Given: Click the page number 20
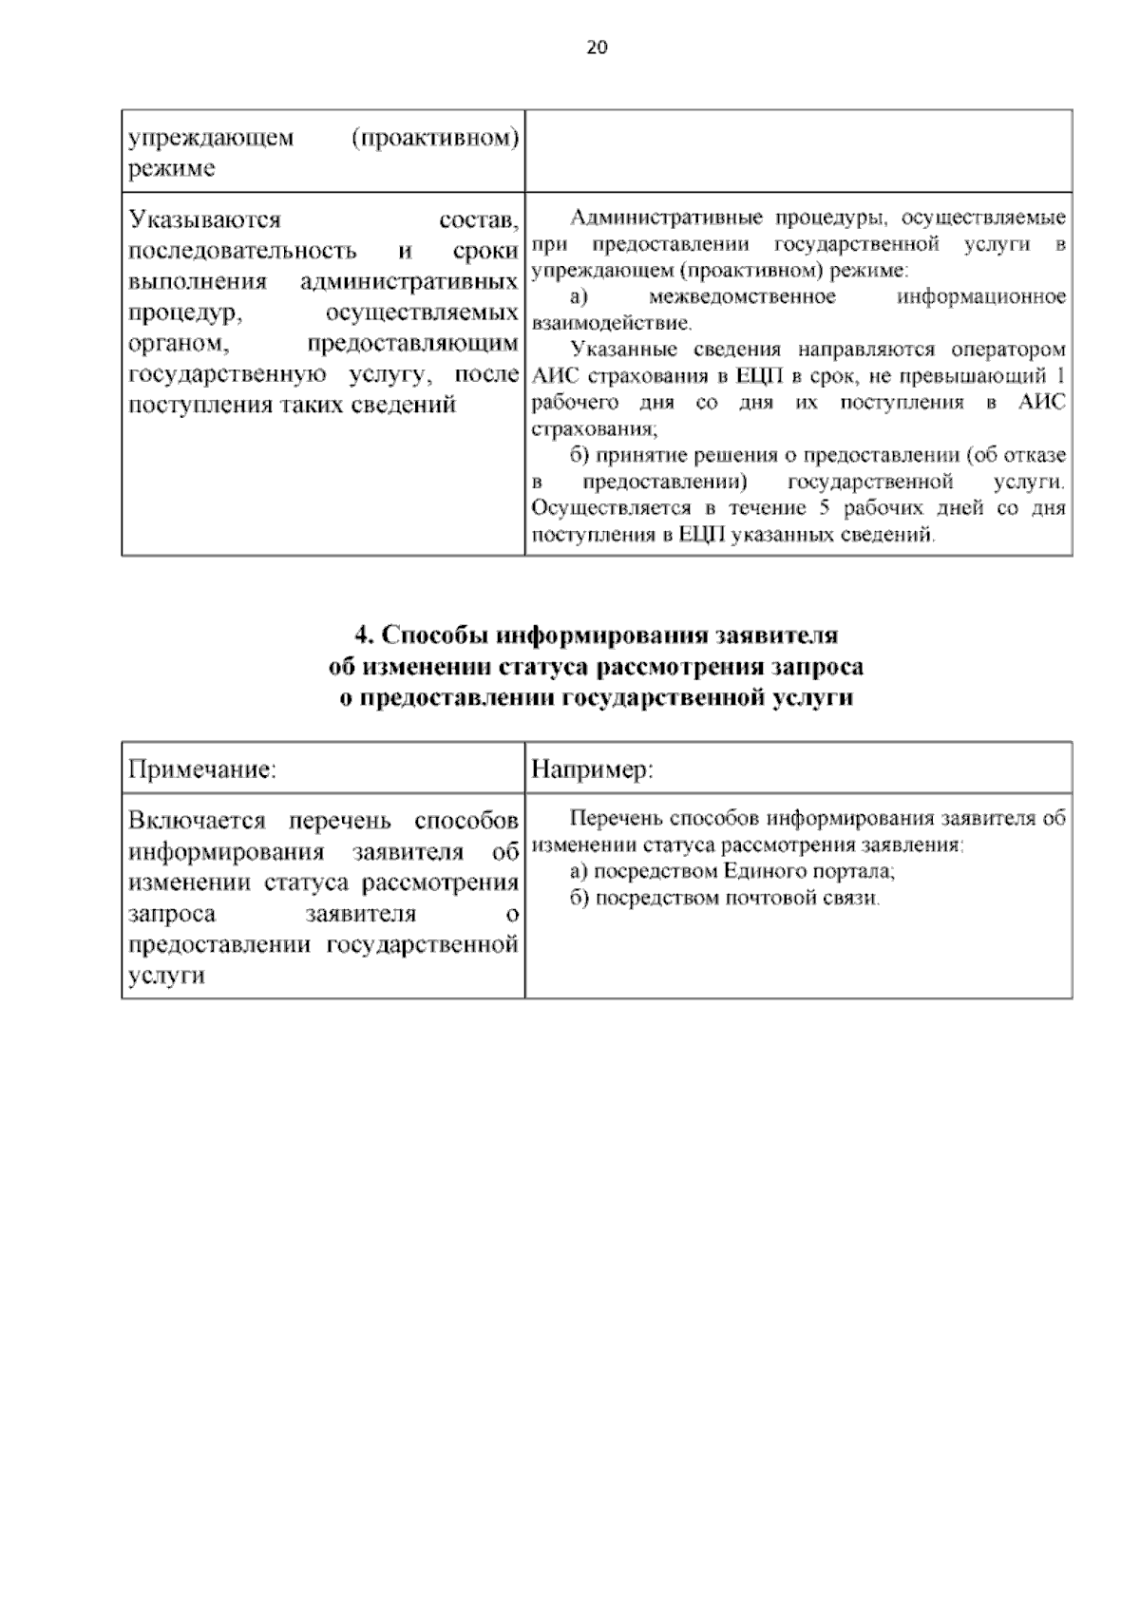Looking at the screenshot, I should click(x=597, y=47).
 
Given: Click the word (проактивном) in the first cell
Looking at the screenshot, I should click(x=435, y=138).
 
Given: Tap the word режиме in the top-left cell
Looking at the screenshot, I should click(x=172, y=169).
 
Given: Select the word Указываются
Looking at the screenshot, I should click(x=205, y=220).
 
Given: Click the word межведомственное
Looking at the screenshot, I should click(x=742, y=297).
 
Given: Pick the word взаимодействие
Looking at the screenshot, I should click(x=611, y=323).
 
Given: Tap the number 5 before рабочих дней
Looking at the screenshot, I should click(x=824, y=508).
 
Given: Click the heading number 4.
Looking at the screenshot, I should click(x=361, y=635).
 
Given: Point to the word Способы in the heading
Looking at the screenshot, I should click(x=427, y=635).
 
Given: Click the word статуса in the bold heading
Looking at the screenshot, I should click(x=543, y=667).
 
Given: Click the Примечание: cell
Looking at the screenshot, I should click(x=202, y=769).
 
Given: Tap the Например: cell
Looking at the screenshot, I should click(x=592, y=769).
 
